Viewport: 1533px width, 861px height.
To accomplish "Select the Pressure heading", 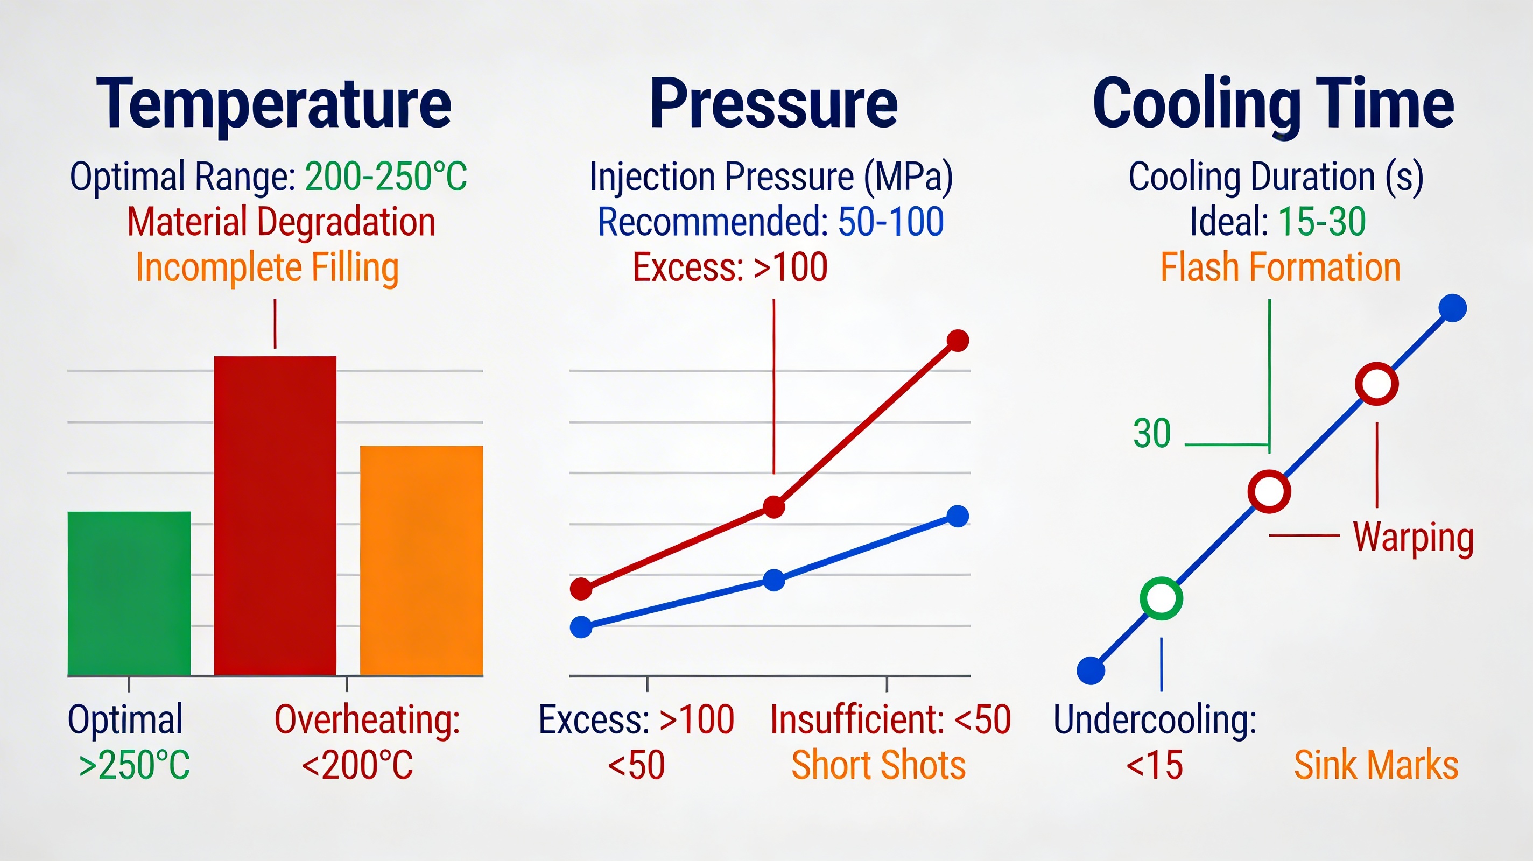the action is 773,104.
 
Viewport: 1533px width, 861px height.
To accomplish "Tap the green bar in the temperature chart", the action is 129,593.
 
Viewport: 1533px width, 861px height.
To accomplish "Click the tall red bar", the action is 275,516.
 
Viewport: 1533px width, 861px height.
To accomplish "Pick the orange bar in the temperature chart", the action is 421,561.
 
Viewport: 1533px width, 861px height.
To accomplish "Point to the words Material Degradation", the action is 282,221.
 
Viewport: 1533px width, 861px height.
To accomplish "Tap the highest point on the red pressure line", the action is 958,340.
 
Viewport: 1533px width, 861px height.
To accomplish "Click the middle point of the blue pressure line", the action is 773,580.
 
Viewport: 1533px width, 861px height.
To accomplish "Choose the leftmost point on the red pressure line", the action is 581,589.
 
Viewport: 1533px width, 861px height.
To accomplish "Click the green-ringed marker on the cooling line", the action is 1161,598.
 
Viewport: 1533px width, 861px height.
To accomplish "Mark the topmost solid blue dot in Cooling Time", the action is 1453,308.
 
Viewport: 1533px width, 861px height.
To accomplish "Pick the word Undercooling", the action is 1155,719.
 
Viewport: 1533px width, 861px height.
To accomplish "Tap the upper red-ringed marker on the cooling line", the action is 1376,384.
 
